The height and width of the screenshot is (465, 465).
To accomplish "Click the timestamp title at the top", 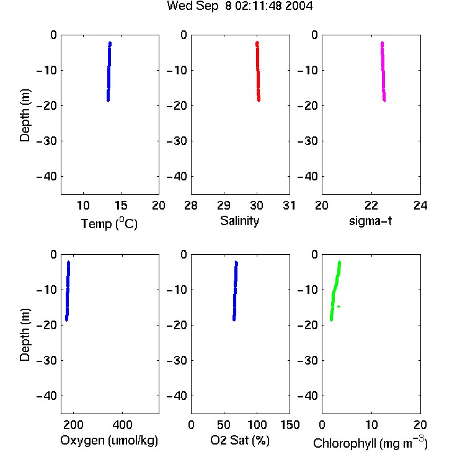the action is [x=239, y=6].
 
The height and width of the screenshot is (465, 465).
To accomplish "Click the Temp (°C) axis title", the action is [x=109, y=223].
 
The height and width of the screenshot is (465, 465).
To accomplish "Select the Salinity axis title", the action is [x=239, y=221].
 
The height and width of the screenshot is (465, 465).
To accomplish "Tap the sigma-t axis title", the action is [x=370, y=221].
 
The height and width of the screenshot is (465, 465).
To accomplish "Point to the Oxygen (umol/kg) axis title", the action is [x=109, y=440].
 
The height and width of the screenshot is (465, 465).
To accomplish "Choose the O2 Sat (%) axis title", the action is [x=239, y=440].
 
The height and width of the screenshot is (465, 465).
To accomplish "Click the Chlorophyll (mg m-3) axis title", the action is [x=370, y=443].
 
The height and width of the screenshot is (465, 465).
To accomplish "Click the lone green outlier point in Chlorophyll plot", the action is [x=339, y=306].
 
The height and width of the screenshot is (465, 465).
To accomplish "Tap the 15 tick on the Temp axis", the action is [x=121, y=205].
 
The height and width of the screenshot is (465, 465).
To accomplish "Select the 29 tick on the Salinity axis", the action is [x=224, y=205].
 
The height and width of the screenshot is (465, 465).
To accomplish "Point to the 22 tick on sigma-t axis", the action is [x=371, y=205].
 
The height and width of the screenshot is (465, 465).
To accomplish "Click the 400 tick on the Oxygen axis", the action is [x=123, y=425].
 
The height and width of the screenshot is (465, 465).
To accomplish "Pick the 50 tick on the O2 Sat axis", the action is [x=224, y=425].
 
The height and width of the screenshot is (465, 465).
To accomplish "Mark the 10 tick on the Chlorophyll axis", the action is [x=371, y=425].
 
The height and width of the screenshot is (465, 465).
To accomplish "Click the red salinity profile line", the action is [x=258, y=71].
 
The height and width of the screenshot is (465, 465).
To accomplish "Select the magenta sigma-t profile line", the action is [x=383, y=71].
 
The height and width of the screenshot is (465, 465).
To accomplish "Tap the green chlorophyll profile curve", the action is [x=334, y=291].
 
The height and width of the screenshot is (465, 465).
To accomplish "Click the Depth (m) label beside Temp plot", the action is [x=25, y=115].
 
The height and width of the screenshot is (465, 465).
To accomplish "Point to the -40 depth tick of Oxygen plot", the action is [x=46, y=396].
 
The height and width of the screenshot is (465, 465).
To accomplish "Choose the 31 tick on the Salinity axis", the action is [x=289, y=205].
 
